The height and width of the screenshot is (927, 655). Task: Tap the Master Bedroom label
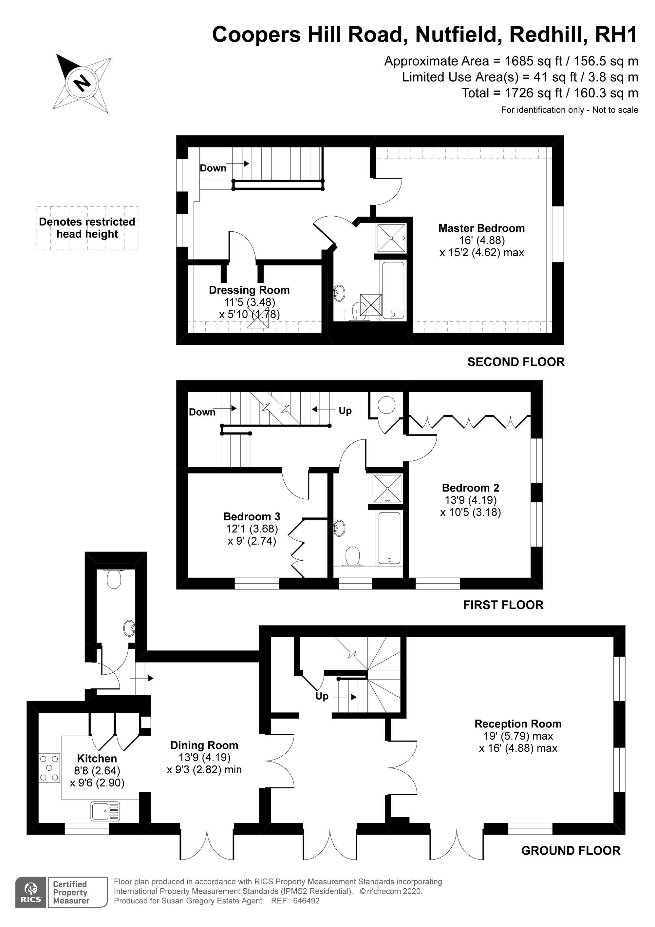click(x=481, y=228)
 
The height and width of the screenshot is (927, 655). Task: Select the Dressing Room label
click(x=249, y=290)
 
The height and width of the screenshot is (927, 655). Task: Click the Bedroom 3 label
click(x=252, y=516)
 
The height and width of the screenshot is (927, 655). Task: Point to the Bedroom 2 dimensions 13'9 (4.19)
click(x=471, y=500)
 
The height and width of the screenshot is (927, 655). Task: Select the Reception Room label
click(x=518, y=724)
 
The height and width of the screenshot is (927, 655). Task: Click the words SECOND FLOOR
click(x=516, y=362)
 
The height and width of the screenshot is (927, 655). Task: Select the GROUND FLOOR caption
click(x=570, y=850)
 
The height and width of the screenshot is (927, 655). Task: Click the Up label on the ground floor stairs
click(x=322, y=696)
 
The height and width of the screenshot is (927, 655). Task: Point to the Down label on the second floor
click(x=213, y=168)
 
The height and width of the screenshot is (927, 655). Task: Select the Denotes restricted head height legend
click(x=87, y=228)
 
